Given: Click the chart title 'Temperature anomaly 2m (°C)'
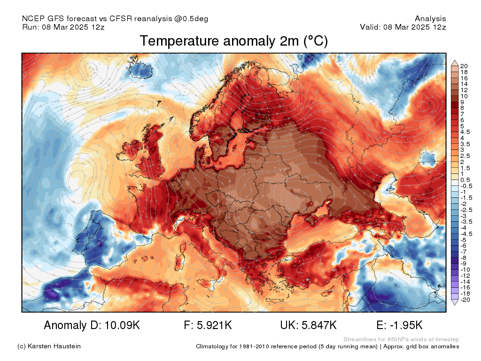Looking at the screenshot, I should click(x=233, y=41).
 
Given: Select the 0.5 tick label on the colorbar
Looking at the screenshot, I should click(x=465, y=180).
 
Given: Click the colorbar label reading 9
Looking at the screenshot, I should click(x=462, y=102).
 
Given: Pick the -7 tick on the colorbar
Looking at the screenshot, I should click(x=464, y=252).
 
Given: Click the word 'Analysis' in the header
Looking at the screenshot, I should click(x=430, y=19).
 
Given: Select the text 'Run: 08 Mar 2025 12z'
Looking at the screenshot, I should click(x=63, y=27).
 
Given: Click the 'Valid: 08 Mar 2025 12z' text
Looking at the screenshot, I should click(x=403, y=27).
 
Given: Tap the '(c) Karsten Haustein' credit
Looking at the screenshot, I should click(x=49, y=346).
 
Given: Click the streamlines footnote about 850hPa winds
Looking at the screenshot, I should click(x=401, y=339).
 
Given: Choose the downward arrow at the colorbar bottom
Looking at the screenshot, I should click(x=455, y=303).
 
